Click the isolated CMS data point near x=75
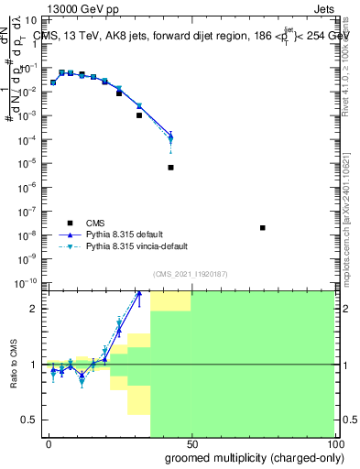[x=263, y=228]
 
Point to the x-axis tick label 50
[x=191, y=443]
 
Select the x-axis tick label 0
[x=49, y=443]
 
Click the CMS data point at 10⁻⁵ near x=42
[x=171, y=168]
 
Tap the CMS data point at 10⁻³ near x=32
[x=139, y=115]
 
